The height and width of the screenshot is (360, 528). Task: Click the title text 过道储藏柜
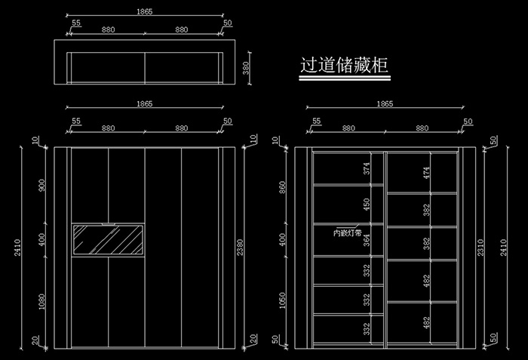coord(343,66)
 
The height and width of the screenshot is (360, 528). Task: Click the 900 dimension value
coord(41,185)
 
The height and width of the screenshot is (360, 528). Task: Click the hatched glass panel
coord(107,240)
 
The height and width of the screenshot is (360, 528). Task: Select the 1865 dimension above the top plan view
coord(147,12)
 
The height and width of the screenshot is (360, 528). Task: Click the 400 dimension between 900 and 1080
coord(41,239)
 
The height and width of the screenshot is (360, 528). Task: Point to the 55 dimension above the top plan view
coord(76,23)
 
